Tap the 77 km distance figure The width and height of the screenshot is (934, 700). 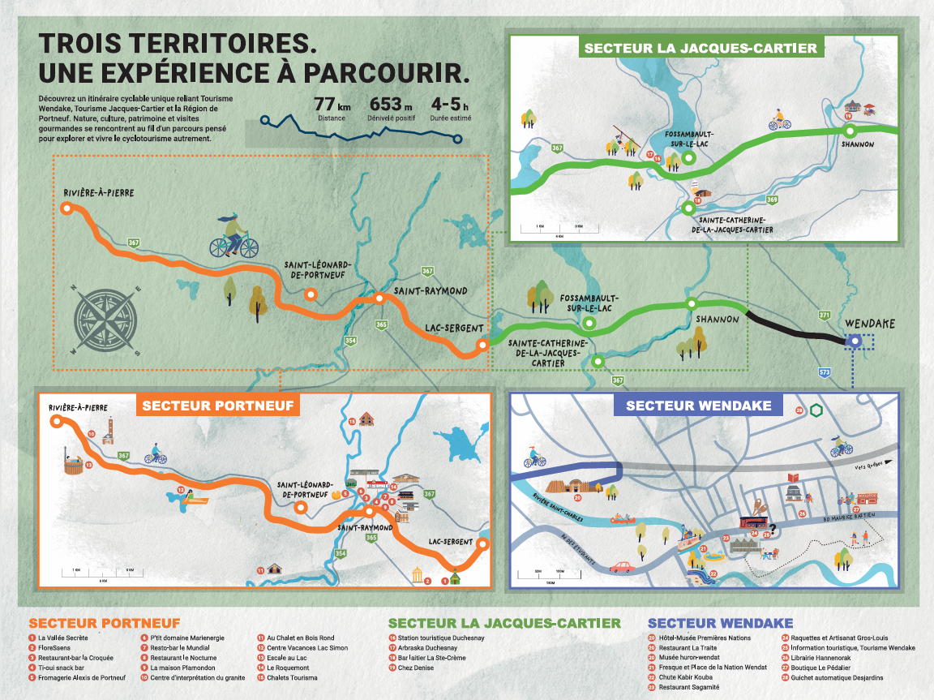click(332, 105)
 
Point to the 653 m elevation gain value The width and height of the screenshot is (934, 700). click(391, 105)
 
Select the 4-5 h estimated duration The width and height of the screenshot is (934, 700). click(450, 105)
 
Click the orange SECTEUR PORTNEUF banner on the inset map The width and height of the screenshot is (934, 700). click(217, 405)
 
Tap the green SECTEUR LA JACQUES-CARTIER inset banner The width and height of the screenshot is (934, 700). click(700, 48)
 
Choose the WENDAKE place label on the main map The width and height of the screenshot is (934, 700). click(870, 324)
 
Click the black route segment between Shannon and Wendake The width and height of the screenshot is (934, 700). click(790, 326)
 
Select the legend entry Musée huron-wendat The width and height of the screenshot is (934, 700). click(690, 658)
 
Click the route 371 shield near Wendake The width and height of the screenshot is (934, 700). click(825, 315)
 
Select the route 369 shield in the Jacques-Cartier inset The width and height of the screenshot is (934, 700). click(772, 200)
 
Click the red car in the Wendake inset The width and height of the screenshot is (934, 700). click(622, 567)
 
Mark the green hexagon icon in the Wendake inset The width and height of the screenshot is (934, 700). click(816, 410)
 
